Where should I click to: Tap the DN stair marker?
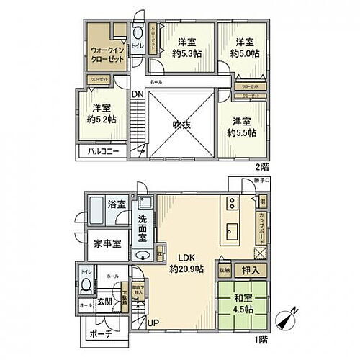(x=137, y=94)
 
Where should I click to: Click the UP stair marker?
(x=153, y=321)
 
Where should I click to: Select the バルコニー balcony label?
(x=104, y=152)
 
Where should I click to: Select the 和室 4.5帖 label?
(x=241, y=305)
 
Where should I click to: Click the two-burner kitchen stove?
(x=232, y=201)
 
